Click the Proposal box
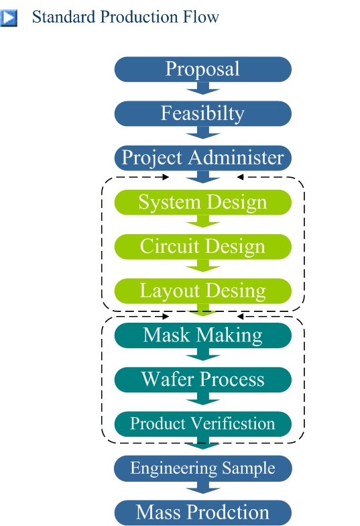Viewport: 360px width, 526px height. [x=202, y=69]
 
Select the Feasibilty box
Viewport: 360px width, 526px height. [x=202, y=113]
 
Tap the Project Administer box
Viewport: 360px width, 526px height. [x=202, y=158]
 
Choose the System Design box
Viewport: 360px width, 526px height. [x=202, y=203]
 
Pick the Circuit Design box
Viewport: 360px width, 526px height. [x=202, y=247]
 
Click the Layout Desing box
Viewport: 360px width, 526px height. [x=202, y=291]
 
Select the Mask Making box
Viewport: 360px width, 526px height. [x=202, y=335]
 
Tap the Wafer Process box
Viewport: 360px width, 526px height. [x=202, y=380]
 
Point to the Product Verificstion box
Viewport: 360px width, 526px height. [x=202, y=424]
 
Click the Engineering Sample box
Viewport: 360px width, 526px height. [x=202, y=468]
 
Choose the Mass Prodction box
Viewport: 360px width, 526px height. [x=202, y=513]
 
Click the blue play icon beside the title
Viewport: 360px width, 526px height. [x=8, y=17]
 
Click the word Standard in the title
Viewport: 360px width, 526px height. [x=64, y=17]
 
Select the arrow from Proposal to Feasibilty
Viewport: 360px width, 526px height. [x=202, y=88]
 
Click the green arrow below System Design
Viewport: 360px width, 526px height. [x=202, y=221]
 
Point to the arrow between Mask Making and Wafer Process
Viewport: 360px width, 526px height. [x=202, y=354]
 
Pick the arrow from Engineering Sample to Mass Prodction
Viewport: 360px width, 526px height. [x=202, y=487]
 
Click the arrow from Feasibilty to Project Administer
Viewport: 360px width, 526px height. [x=202, y=132]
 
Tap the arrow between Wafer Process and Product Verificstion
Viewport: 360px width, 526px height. [x=202, y=399]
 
